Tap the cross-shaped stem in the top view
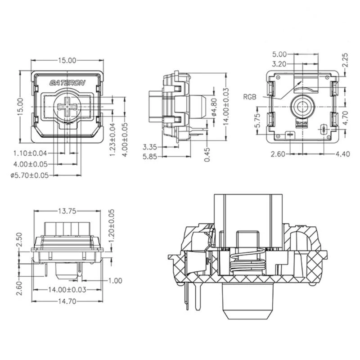(67, 107)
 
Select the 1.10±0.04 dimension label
(31, 153)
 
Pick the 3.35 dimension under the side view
(150, 147)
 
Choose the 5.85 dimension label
(150, 156)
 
